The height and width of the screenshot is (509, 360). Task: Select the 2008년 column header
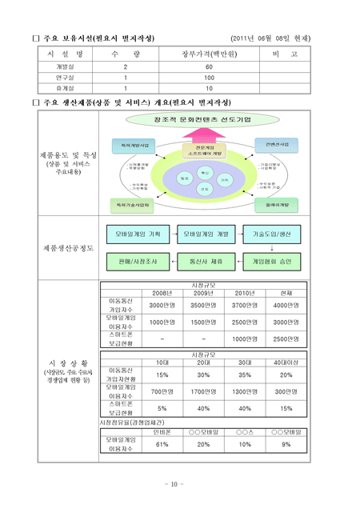(162, 293)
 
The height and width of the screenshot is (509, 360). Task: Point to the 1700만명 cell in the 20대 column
(203, 391)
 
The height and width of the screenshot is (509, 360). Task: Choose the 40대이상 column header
(285, 363)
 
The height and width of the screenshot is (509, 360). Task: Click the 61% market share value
(162, 443)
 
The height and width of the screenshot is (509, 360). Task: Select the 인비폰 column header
(162, 431)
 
